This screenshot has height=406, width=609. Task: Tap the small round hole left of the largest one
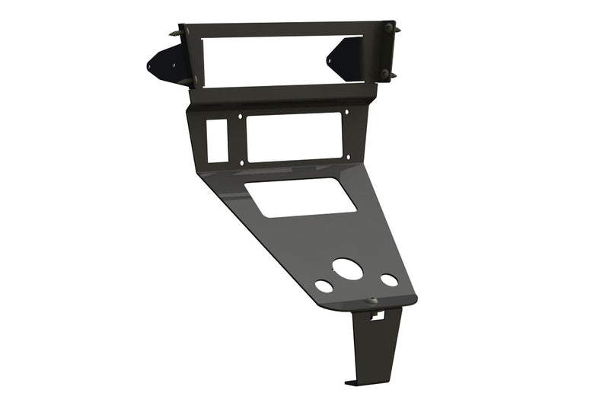324,287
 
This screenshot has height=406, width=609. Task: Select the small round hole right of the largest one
389,280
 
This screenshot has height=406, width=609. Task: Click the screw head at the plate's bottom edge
373,301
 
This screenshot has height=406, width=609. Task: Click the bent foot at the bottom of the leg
352,380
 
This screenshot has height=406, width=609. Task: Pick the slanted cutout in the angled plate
300,197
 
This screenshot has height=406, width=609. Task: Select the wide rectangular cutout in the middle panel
293,138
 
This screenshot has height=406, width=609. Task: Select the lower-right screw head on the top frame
385,74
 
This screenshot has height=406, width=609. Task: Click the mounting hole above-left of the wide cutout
241,117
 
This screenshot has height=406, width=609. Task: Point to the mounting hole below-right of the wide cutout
348,158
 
